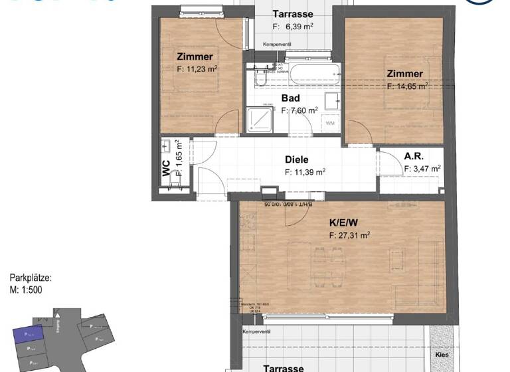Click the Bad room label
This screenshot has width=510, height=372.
291,98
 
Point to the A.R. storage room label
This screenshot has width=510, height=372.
415,157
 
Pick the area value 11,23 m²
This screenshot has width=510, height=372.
198,68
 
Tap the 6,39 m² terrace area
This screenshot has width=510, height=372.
294,27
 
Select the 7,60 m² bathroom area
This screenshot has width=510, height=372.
299,111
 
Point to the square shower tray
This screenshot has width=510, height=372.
261,120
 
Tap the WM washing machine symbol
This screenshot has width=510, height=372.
331,123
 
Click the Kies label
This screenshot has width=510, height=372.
442,354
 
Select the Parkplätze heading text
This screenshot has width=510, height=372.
31,278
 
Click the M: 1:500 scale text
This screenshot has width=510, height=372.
26,290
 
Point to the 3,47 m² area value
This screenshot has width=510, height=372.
422,169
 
